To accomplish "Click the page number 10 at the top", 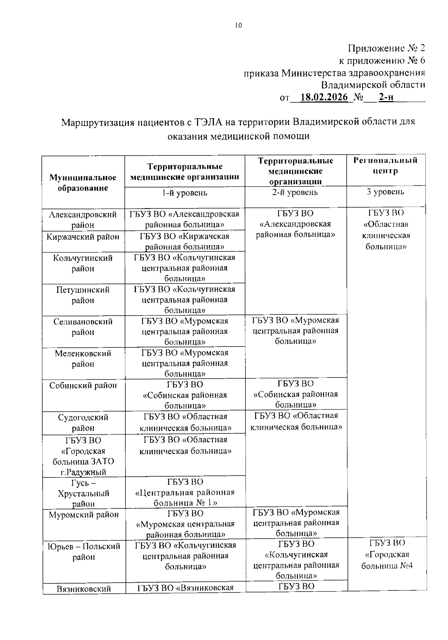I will point(238,25).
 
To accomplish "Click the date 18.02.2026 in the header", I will point(324,97).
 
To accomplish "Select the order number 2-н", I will point(386,97).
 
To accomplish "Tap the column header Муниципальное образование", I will point(83,183).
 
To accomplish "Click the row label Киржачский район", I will point(83,237).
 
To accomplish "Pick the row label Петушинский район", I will point(83,295).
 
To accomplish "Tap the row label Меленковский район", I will point(83,358).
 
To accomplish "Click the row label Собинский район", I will point(83,385).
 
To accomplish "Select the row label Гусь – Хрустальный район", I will point(83,493).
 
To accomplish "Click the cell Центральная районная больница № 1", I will point(185,492).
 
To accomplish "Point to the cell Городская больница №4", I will point(386,555).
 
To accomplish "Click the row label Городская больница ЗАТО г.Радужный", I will point(83,456).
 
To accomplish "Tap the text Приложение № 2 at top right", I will point(386,48).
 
